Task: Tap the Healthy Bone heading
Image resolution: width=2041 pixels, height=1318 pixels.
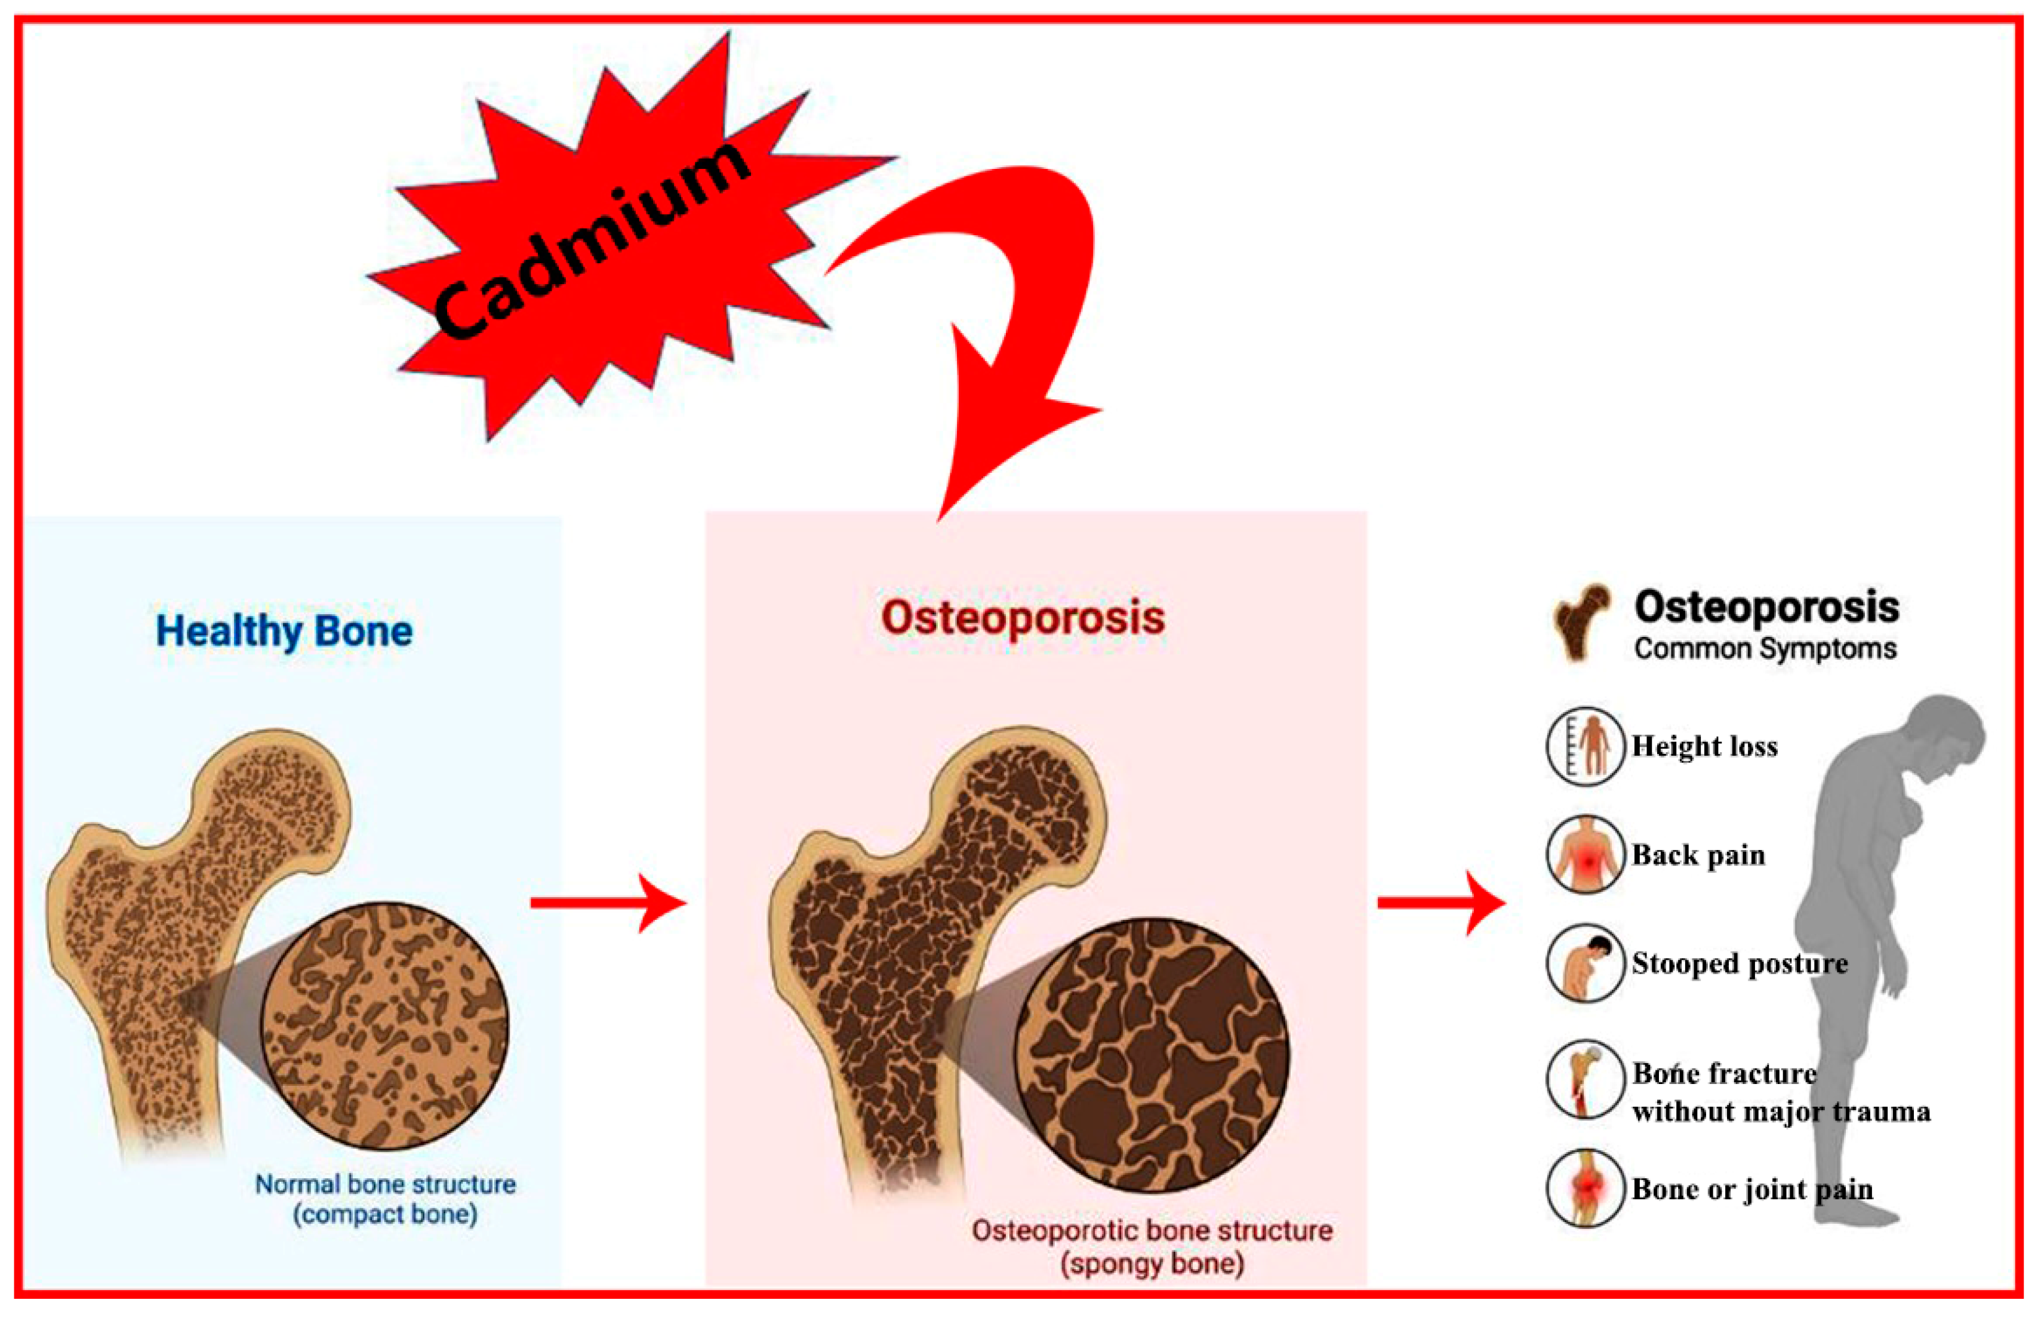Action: tap(284, 632)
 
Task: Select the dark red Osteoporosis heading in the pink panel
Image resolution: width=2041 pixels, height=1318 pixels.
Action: tap(1023, 617)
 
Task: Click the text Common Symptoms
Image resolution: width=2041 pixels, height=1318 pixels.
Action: tap(1765, 649)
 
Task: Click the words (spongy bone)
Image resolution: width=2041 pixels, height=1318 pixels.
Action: tap(1152, 1264)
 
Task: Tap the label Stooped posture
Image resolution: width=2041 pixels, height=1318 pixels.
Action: tap(1739, 963)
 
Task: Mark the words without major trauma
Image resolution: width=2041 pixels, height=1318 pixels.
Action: tap(1780, 1111)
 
